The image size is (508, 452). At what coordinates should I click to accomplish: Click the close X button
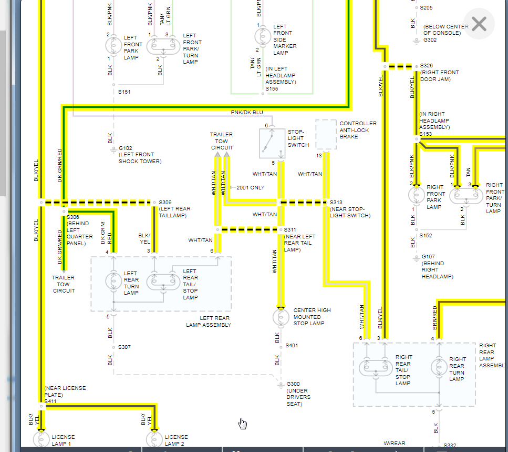coord(479,24)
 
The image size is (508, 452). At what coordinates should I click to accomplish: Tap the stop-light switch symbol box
coord(273,143)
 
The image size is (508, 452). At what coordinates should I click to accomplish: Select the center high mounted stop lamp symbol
coord(281,317)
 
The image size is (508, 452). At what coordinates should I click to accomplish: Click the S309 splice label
coord(165,202)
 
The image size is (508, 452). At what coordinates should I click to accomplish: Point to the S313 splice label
coord(336,202)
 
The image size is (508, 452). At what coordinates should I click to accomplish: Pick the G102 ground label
coord(126,148)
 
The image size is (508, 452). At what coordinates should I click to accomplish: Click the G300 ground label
coord(294,384)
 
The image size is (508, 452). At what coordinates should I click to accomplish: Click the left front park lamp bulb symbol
coord(113,47)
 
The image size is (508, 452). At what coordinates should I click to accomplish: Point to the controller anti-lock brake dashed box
coord(326,135)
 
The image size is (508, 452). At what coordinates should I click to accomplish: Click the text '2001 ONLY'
coord(251,187)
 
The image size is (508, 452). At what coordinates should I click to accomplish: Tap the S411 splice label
coord(50,401)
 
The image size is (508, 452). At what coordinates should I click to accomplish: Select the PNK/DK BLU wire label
coord(247,113)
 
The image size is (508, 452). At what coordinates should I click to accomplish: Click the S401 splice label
coord(292,346)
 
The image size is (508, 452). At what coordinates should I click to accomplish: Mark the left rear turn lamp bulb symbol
coord(113,280)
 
